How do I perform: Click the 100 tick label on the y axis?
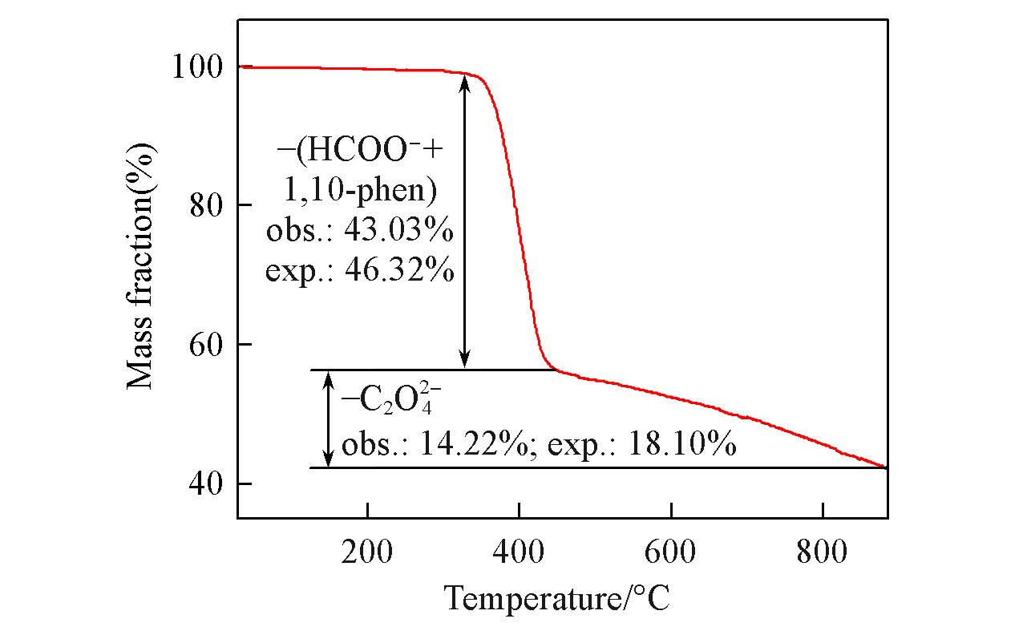[x=198, y=67]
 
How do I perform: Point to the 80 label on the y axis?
[x=206, y=205]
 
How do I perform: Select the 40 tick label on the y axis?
[x=206, y=483]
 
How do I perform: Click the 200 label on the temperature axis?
[x=366, y=552]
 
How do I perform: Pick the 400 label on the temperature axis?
[x=519, y=552]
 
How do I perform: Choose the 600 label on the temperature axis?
[x=670, y=552]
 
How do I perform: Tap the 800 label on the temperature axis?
[x=822, y=552]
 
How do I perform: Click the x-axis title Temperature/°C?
[x=556, y=598]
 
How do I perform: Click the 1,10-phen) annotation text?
[x=360, y=189]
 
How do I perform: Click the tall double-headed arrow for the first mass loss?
[x=464, y=221]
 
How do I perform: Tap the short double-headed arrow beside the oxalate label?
[x=328, y=419]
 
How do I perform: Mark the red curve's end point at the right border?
[x=887, y=467]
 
